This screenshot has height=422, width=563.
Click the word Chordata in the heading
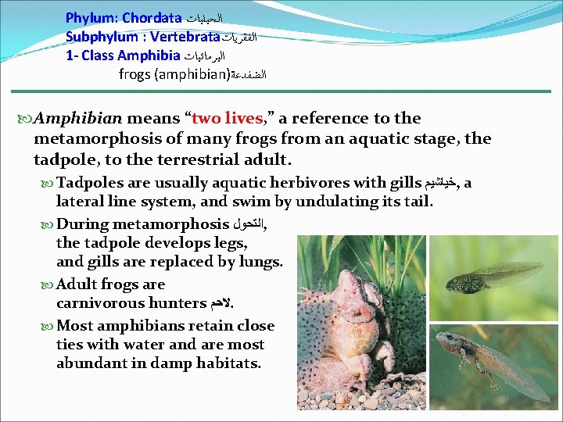151,17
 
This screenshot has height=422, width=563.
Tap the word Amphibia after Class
150,55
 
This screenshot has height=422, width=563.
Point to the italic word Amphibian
77,119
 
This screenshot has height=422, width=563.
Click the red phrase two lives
228,119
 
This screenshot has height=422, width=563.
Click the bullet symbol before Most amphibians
48,326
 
